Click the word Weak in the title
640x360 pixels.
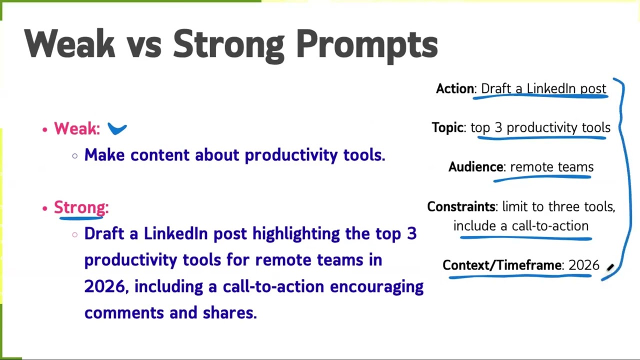(69, 43)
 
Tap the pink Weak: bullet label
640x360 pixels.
(77, 128)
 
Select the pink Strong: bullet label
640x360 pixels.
(81, 207)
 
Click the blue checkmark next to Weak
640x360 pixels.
(117, 128)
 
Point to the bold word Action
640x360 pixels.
(455, 88)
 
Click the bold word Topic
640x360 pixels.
(447, 127)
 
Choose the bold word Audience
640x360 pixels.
(475, 167)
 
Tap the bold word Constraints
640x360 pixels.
(461, 206)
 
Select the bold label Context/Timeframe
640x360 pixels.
(502, 265)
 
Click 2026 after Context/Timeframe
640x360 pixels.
(583, 265)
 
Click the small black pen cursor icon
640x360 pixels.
(610, 267)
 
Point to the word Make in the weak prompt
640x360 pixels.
(104, 155)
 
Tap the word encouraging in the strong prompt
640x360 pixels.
(376, 287)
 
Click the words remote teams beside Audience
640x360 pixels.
(551, 167)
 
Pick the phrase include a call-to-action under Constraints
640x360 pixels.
(521, 226)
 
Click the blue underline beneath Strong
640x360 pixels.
(81, 218)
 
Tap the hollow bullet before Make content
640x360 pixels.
(75, 156)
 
